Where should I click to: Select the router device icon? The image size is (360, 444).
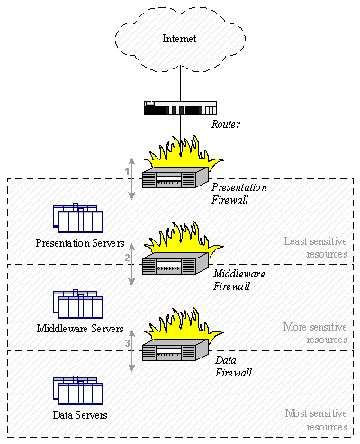179,110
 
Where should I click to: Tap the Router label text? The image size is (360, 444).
227,126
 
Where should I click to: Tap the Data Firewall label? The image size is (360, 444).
232,365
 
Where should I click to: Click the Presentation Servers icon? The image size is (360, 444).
77,219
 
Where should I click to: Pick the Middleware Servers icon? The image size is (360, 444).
77,304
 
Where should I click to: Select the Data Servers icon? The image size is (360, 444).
77,390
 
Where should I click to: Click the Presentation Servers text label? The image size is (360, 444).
78,242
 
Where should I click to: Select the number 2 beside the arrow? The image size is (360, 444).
128,258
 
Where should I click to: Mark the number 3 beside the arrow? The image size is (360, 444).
128,343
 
